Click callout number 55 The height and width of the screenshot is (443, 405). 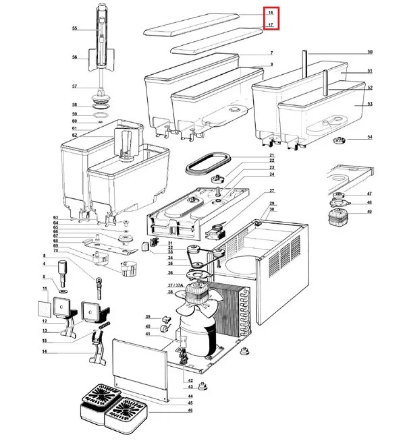tap(75, 28)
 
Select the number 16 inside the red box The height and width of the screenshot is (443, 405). tap(270, 13)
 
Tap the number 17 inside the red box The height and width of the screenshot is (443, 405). tap(270, 25)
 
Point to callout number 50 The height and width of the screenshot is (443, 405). tap(369, 52)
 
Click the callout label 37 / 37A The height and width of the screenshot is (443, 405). tap(175, 286)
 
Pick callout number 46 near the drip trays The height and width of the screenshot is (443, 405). tap(190, 410)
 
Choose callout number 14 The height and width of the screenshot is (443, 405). tap(45, 352)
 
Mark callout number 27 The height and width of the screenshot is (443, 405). tap(272, 191)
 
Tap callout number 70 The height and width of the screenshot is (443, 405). tap(57, 250)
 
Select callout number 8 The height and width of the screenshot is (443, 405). tap(45, 256)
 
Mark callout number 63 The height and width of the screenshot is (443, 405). tap(57, 218)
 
